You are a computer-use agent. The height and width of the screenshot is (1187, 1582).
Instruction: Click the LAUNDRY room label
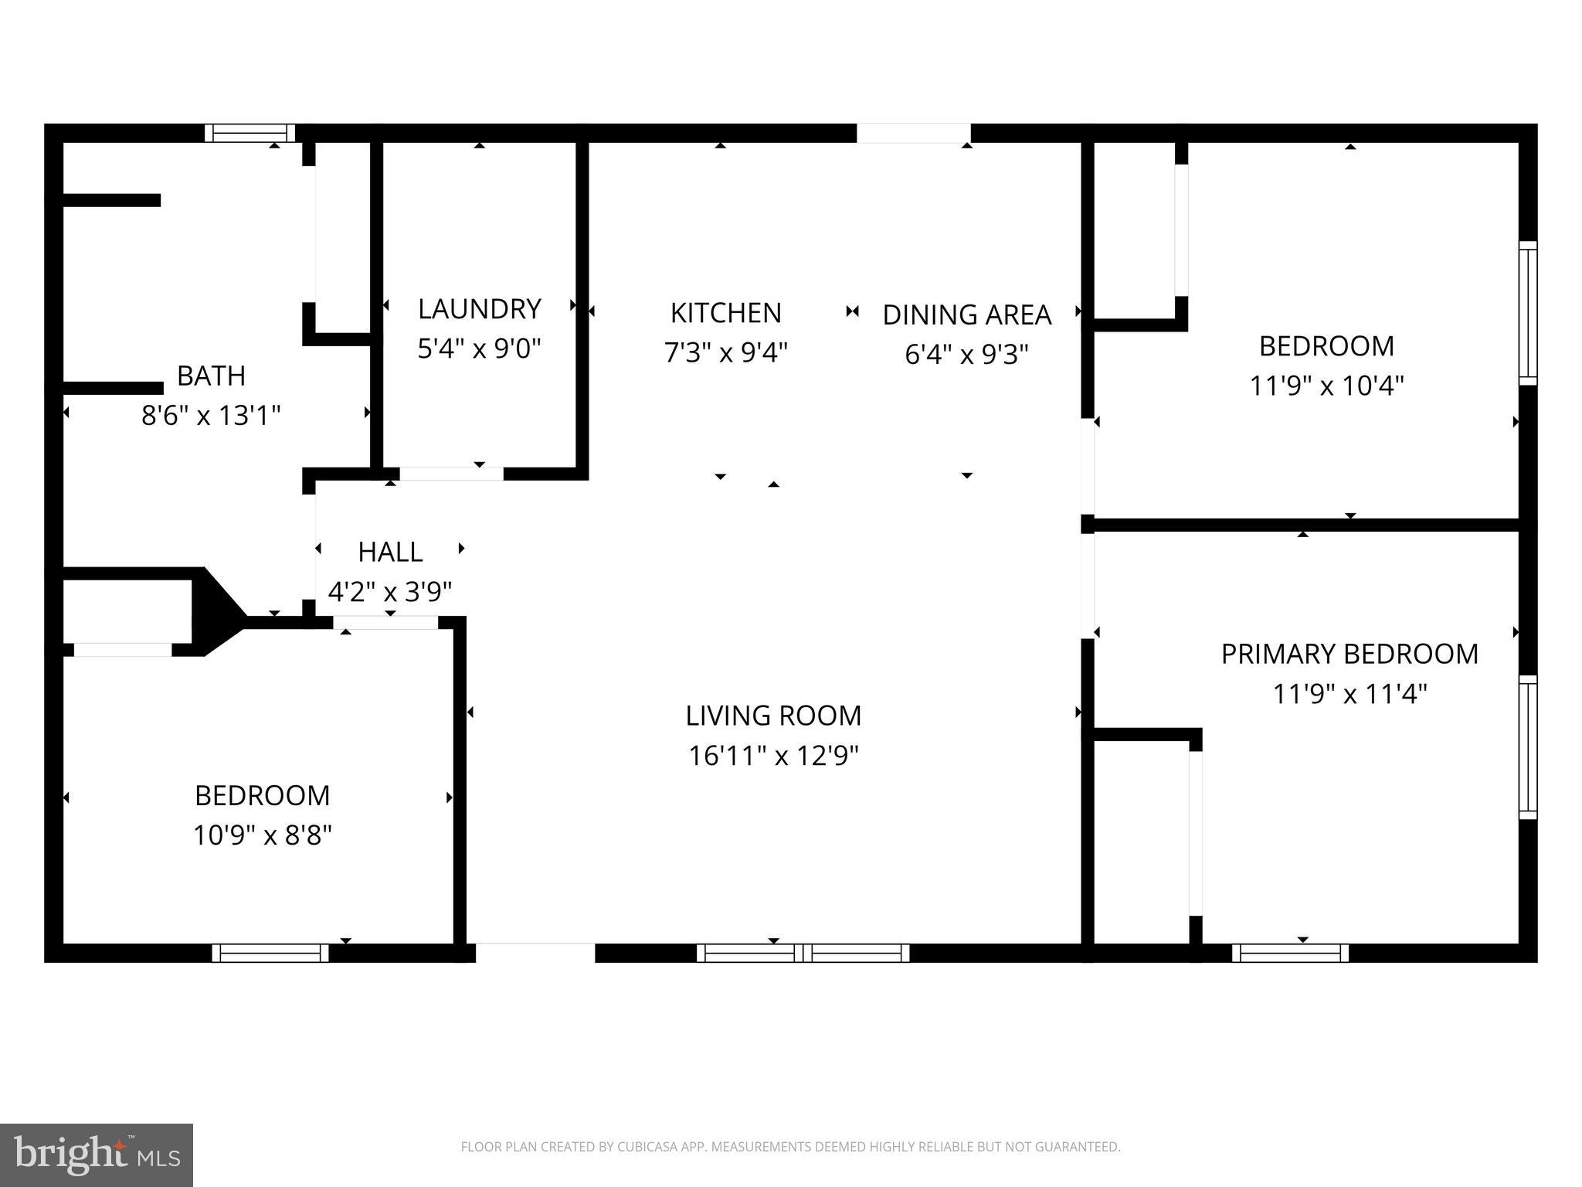pyautogui.click(x=479, y=309)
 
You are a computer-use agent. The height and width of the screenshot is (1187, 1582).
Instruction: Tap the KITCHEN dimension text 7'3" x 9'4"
pyautogui.click(x=725, y=353)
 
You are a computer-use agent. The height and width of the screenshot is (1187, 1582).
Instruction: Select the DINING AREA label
pyautogui.click(x=966, y=315)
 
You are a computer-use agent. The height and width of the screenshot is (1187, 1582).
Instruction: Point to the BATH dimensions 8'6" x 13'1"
pyautogui.click(x=210, y=416)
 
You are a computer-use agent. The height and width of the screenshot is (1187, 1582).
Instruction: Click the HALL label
pyautogui.click(x=390, y=553)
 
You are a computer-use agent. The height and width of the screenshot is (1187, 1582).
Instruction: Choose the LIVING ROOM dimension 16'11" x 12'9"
pyautogui.click(x=773, y=756)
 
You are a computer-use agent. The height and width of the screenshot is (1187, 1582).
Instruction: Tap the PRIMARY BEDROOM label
pyautogui.click(x=1349, y=655)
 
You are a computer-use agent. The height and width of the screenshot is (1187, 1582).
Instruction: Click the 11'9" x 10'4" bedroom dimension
pyautogui.click(x=1326, y=386)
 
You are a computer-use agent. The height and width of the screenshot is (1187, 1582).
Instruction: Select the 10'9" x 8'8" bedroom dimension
pyautogui.click(x=262, y=835)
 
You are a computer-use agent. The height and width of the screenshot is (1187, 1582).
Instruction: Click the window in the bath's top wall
pyautogui.click(x=250, y=133)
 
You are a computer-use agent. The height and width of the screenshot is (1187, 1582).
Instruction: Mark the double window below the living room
pyautogui.click(x=803, y=953)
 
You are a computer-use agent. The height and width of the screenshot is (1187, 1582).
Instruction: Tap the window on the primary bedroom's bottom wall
pyautogui.click(x=1290, y=953)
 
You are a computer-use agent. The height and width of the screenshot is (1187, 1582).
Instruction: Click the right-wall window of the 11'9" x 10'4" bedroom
pyautogui.click(x=1528, y=313)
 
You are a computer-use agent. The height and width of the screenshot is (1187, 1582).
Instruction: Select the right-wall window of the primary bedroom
pyautogui.click(x=1528, y=747)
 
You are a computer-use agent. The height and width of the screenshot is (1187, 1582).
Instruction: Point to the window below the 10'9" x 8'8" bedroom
pyautogui.click(x=270, y=953)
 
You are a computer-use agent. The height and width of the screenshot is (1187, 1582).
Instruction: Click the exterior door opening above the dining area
pyautogui.click(x=913, y=133)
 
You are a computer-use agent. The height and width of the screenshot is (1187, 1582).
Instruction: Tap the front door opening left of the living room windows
pyautogui.click(x=535, y=953)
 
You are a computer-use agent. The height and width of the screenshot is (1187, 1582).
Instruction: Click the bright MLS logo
pyautogui.click(x=97, y=1155)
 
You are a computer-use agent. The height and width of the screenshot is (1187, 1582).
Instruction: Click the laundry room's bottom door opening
pyautogui.click(x=451, y=474)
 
